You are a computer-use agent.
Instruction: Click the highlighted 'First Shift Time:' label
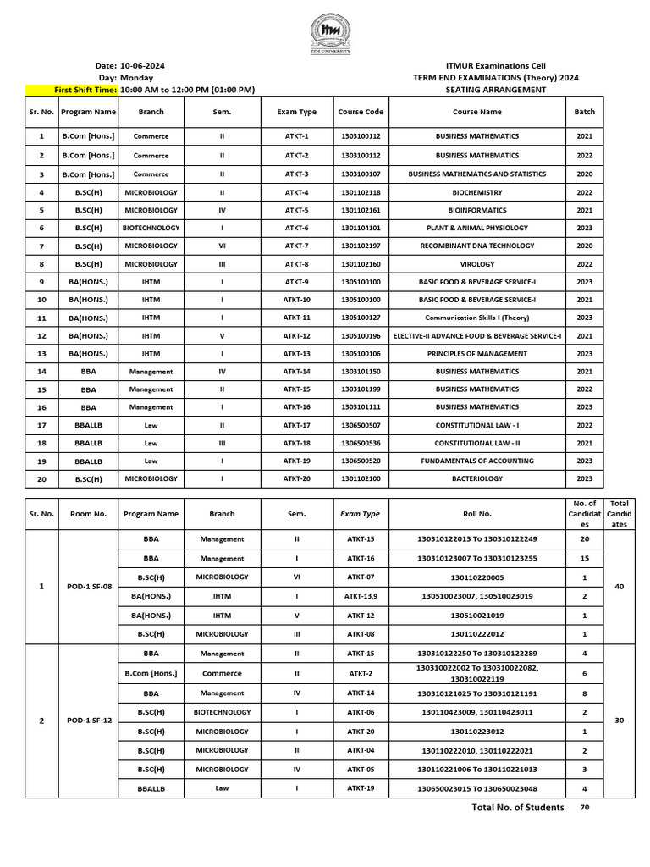pyautogui.click(x=85, y=90)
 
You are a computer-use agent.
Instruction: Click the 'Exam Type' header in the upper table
pyautogui.click(x=296, y=112)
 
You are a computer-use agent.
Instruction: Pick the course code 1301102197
pyautogui.click(x=361, y=246)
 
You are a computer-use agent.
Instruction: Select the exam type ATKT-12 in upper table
pyautogui.click(x=296, y=335)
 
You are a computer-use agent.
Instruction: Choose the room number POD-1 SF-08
pyautogui.click(x=88, y=586)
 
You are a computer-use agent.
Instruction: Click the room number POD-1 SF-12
pyautogui.click(x=88, y=721)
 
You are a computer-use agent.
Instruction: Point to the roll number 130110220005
pyautogui.click(x=477, y=577)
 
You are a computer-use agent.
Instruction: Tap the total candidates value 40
pyautogui.click(x=619, y=586)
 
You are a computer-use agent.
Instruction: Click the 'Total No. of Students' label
pyautogui.click(x=517, y=807)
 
